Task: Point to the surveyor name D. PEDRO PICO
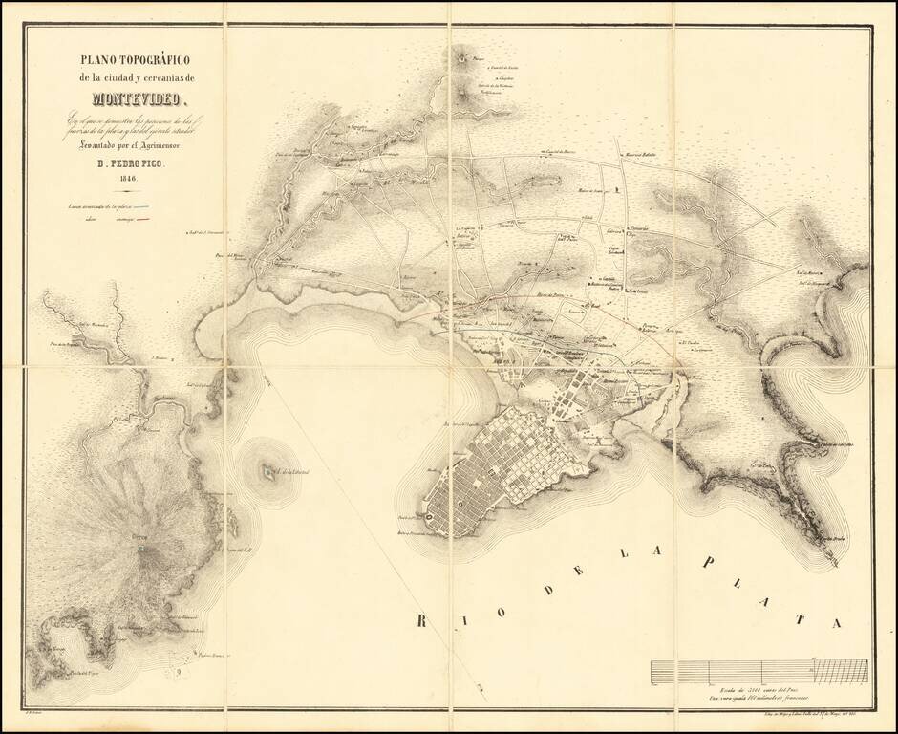(127, 162)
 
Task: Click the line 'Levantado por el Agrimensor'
(127, 145)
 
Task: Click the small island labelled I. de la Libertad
(261, 470)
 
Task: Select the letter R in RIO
(421, 622)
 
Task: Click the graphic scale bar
(759, 673)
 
